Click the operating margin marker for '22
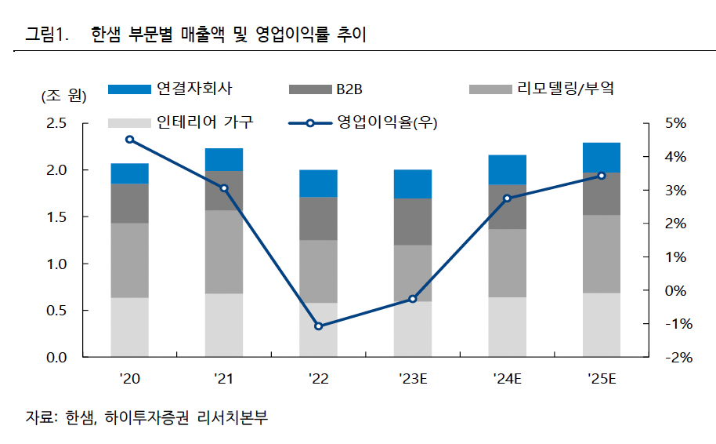[318, 326]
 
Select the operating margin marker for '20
[130, 140]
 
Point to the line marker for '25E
[602, 176]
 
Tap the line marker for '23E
[413, 299]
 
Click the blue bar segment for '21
[224, 159]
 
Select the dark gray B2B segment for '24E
[507, 207]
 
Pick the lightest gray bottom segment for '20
[130, 327]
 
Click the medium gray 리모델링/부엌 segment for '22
[318, 271]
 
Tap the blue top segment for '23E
[413, 184]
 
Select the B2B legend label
[349, 89]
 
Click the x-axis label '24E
[507, 380]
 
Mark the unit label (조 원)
[63, 96]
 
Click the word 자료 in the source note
[38, 417]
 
